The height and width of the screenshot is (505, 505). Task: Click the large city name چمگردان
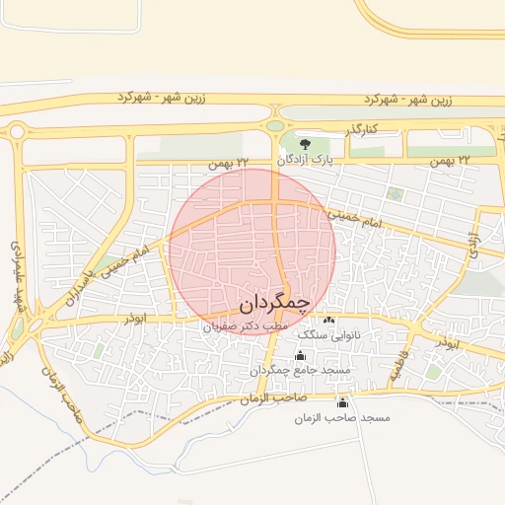click(275, 300)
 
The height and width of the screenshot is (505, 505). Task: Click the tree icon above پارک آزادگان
click(303, 143)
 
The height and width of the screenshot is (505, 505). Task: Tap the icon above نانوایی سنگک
click(328, 321)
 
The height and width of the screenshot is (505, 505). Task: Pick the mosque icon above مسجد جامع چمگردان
click(300, 355)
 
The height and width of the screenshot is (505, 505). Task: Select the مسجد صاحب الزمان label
click(342, 418)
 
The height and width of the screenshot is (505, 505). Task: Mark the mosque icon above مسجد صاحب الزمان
click(342, 402)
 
